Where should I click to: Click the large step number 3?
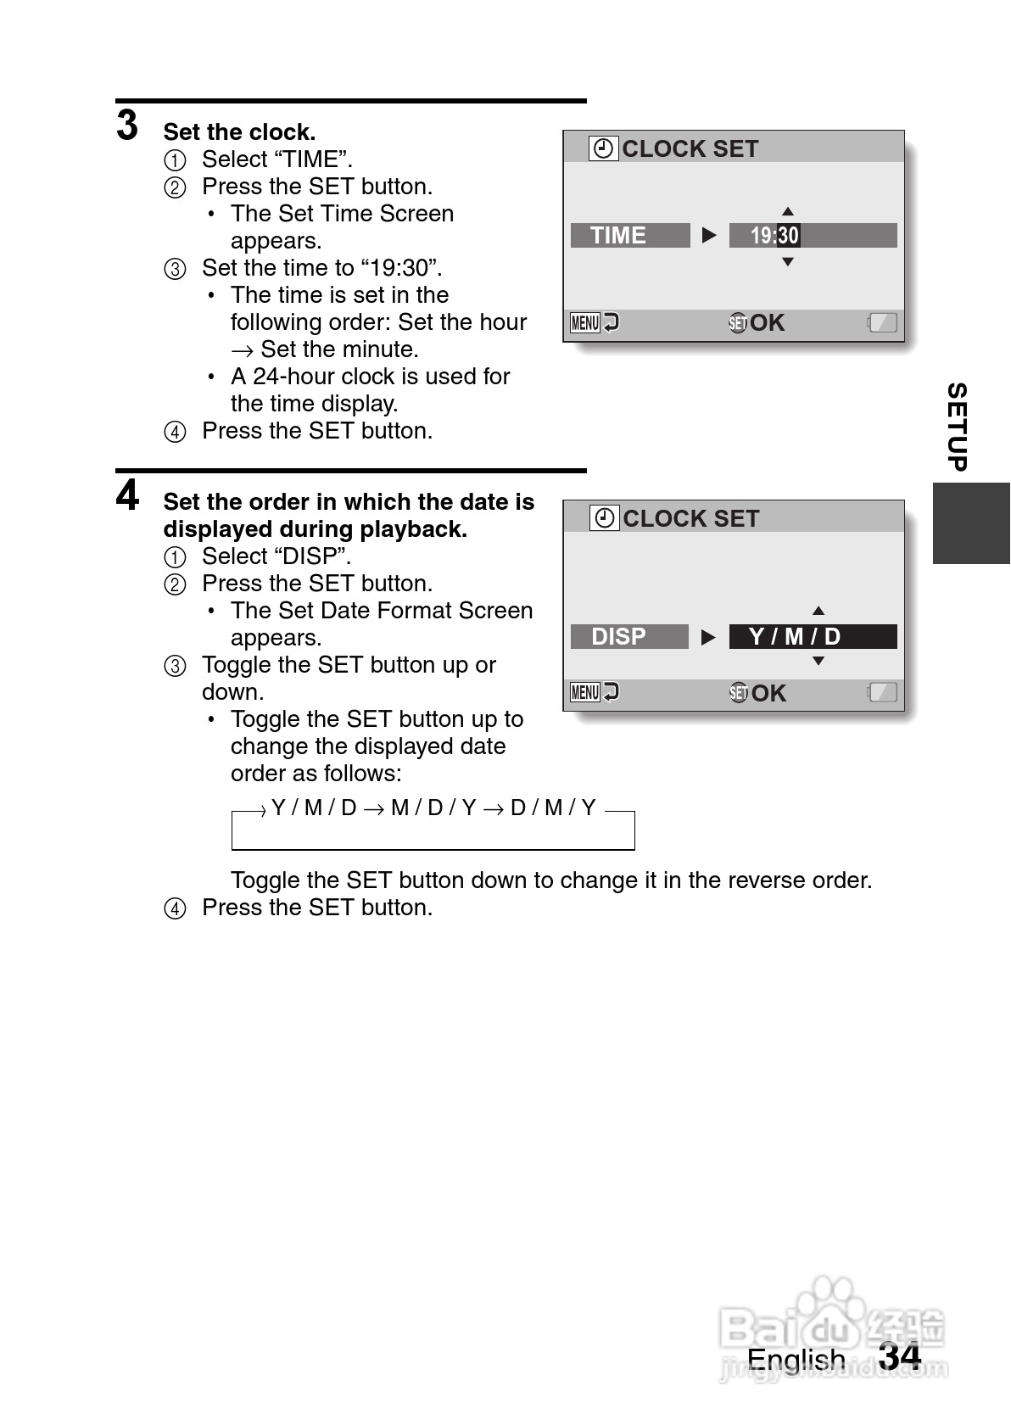[x=127, y=126]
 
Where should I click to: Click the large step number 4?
[x=127, y=496]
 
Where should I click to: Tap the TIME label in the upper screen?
[x=618, y=235]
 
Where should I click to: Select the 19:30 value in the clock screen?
[x=774, y=235]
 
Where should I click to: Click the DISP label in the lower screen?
[x=618, y=636]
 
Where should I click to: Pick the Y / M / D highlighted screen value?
[x=795, y=636]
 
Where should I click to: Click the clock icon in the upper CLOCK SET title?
[x=604, y=148]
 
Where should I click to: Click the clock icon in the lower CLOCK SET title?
[x=605, y=518]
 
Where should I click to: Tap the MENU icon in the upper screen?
[x=585, y=322]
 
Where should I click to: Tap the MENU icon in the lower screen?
[x=585, y=692]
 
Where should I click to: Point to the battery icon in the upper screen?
[x=882, y=322]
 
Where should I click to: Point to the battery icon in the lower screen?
[x=882, y=692]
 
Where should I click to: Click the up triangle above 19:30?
[x=788, y=211]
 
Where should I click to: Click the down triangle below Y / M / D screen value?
[x=818, y=662]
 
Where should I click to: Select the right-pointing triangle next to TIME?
[x=710, y=235]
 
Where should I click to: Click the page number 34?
[x=900, y=1355]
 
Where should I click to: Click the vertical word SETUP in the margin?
[x=957, y=427]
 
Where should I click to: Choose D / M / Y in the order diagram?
[x=553, y=807]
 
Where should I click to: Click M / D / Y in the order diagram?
[x=433, y=807]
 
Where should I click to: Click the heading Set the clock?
[x=239, y=132]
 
